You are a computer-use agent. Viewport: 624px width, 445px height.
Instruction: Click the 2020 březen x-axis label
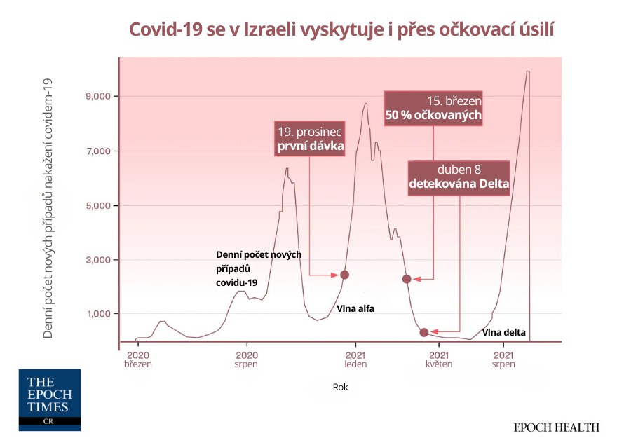[x=138, y=360]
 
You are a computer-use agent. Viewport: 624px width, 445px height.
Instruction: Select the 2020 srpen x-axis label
[x=246, y=360]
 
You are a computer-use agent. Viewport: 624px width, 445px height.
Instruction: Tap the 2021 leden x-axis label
[x=355, y=360]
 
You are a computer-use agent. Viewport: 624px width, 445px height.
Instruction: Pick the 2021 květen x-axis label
[x=438, y=360]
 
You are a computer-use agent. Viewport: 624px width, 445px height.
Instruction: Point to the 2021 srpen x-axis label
[x=503, y=360]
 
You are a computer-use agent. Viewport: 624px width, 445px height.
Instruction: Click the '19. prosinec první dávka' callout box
[x=311, y=139]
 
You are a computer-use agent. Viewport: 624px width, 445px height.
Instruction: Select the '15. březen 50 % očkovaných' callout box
[x=434, y=108]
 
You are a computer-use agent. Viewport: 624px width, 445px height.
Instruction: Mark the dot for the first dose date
[x=344, y=275]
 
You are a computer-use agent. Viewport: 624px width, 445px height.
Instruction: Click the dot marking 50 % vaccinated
[x=407, y=279]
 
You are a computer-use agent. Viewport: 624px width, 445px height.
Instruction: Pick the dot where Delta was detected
[x=424, y=332]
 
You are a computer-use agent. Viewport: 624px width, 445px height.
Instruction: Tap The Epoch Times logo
[x=49, y=400]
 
